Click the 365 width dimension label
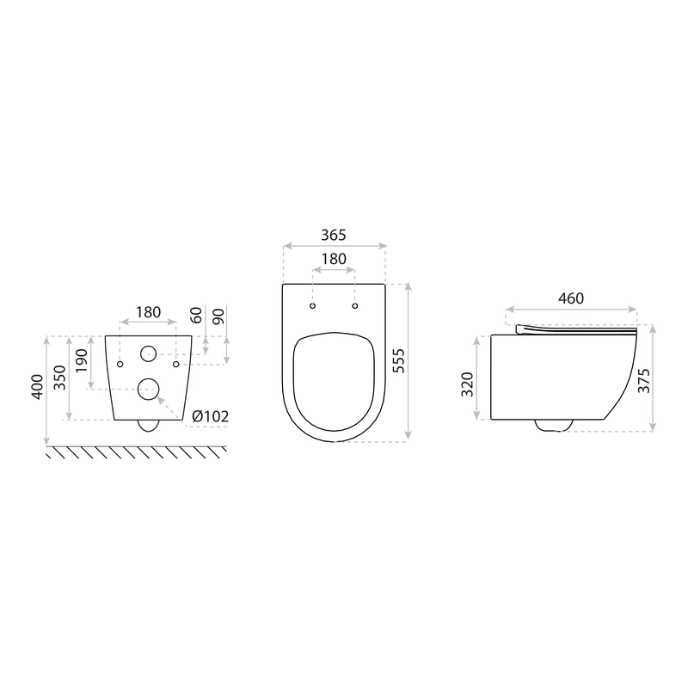point(334,235)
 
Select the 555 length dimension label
point(398,360)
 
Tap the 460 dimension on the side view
point(571,298)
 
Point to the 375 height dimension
point(643,380)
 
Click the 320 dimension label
point(468,384)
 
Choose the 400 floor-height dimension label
point(37,386)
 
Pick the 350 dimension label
point(59,378)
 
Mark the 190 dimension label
point(82,360)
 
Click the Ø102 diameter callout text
point(211,416)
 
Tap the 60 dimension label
point(196,315)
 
